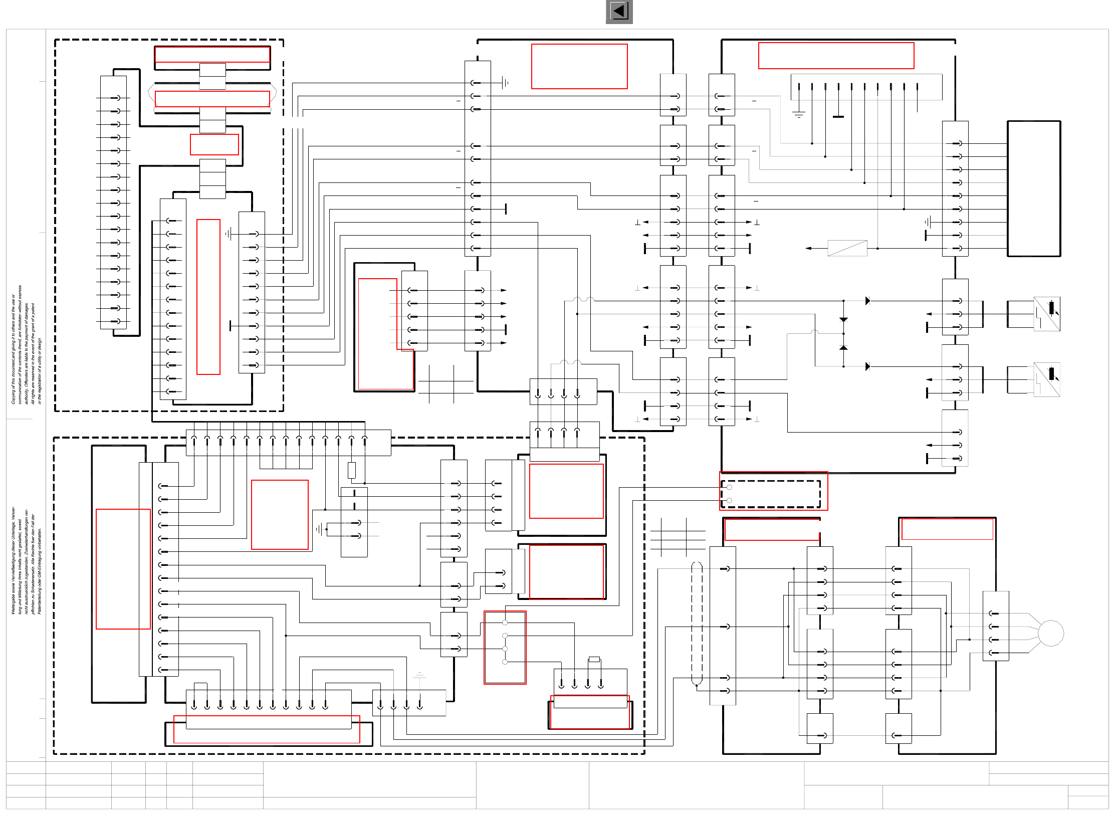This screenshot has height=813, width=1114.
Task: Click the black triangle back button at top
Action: coord(619,11)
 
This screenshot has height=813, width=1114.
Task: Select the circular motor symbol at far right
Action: coord(1050,633)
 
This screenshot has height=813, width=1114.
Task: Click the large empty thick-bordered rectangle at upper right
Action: coord(1034,188)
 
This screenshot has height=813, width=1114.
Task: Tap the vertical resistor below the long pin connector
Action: coord(352,470)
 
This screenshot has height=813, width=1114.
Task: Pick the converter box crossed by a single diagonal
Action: coord(847,248)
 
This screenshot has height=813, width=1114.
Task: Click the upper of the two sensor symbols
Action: coord(1047,314)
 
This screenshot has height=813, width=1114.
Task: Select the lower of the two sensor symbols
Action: coord(1047,379)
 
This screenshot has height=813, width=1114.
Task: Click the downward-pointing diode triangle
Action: coord(843,320)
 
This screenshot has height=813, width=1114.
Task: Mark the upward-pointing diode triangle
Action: coord(843,347)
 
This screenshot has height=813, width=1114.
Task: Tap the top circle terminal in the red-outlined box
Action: coord(505,623)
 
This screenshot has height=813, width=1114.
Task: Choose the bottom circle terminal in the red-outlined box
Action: coord(505,662)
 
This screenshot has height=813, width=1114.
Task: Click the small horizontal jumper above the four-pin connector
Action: coord(594,659)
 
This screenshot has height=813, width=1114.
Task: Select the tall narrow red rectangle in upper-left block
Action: coord(208,297)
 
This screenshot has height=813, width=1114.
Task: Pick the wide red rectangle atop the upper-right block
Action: coord(836,56)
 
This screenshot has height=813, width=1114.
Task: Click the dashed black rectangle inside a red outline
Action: coord(771,494)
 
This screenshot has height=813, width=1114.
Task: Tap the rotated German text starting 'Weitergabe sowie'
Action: coord(26,560)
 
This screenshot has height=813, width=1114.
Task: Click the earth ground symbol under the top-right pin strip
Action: coord(799,114)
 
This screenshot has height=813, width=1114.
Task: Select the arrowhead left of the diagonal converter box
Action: coord(808,248)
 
